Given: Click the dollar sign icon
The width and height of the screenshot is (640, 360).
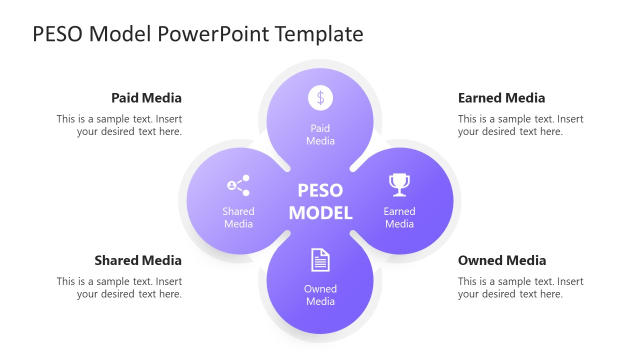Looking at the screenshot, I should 320,97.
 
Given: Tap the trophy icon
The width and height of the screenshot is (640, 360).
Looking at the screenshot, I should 399,185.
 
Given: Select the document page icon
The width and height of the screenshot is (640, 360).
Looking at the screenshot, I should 320,260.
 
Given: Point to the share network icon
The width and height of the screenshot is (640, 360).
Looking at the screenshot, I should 238,185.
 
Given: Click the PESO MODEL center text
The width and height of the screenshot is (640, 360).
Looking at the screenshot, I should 320,201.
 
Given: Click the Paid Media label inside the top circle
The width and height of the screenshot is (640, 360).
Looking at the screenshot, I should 320,134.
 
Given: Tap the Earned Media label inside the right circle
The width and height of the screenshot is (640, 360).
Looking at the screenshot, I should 399,217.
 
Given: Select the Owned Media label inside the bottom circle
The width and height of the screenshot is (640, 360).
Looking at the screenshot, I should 320,295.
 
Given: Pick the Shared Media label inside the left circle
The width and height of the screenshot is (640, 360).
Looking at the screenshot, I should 238,217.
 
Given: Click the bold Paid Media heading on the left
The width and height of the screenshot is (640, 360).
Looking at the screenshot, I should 146,98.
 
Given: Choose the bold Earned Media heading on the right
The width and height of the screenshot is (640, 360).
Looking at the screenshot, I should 501,98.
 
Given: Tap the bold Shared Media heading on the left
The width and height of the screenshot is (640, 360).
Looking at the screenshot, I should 138,260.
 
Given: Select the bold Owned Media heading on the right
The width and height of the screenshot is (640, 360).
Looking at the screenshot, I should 502,260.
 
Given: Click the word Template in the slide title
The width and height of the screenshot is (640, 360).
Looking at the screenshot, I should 319,34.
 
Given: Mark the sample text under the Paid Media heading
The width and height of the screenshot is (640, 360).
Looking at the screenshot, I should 119,125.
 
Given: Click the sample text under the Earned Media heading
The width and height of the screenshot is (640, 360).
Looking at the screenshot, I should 520,125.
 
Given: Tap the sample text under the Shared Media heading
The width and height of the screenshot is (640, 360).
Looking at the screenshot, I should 119,288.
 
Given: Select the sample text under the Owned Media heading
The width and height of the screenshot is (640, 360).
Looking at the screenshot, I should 520,288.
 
